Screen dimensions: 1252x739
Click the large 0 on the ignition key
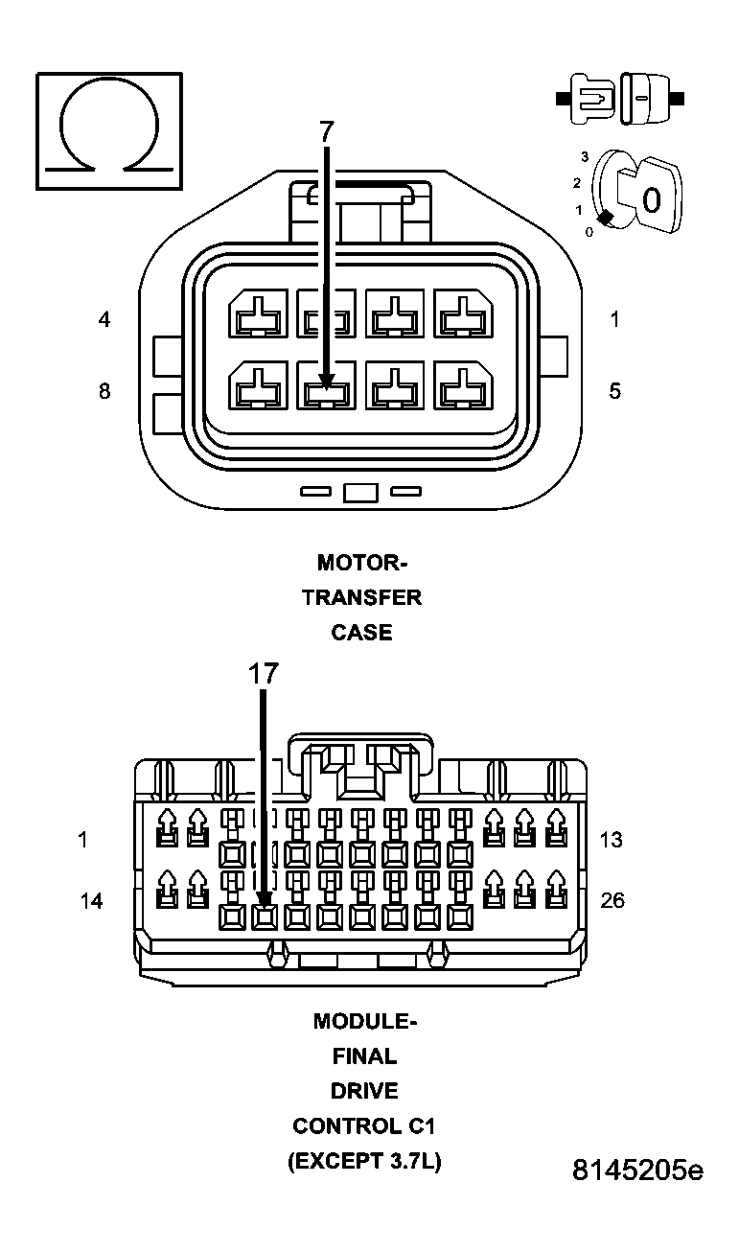(x=651, y=200)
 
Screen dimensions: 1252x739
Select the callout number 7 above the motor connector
(x=326, y=132)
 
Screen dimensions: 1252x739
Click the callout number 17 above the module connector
(x=264, y=674)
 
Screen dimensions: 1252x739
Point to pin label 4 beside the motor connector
(x=104, y=319)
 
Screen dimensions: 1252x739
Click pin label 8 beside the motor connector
(x=104, y=391)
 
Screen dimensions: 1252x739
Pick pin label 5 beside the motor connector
(x=614, y=391)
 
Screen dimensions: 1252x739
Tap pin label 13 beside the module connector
(x=611, y=840)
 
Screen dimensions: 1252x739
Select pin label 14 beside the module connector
(x=91, y=901)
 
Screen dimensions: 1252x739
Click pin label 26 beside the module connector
(x=612, y=901)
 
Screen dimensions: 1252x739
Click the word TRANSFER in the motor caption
(x=361, y=597)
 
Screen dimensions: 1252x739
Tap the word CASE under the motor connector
(x=361, y=633)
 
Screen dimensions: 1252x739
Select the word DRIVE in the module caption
(x=364, y=1091)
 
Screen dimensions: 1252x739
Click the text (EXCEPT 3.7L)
(x=364, y=1162)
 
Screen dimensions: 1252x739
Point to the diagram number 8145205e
(x=637, y=1171)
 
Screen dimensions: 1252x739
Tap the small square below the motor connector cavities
(x=360, y=493)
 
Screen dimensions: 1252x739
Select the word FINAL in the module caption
(x=364, y=1056)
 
